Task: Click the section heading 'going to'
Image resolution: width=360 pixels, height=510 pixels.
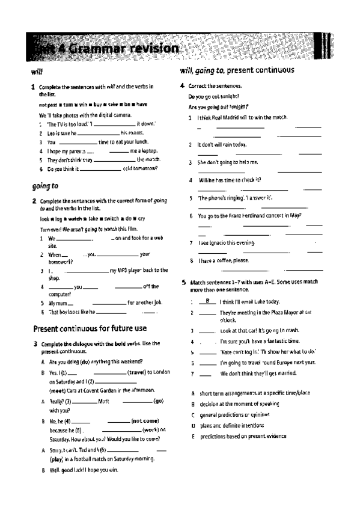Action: coord(45,186)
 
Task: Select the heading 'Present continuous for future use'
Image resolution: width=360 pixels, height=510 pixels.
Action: coord(90,328)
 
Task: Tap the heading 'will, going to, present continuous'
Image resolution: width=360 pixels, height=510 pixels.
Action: coord(237,71)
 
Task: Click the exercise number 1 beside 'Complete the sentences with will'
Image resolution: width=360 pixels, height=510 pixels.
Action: coord(33,87)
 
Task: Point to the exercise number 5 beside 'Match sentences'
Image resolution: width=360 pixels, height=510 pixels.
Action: coord(183,281)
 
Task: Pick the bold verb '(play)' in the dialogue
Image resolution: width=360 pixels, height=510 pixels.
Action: coord(57,459)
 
